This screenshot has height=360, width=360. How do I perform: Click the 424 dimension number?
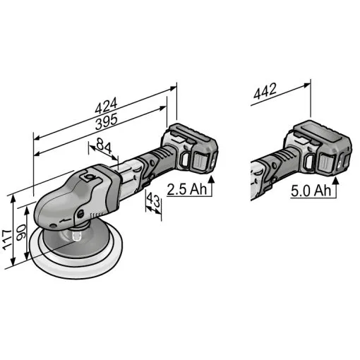(106, 106)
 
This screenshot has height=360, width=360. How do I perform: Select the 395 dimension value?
(107, 121)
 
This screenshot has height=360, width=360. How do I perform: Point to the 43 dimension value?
(153, 201)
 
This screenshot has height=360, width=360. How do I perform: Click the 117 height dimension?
(8, 240)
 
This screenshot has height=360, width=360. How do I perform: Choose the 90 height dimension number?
(21, 232)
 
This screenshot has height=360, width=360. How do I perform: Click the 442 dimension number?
(265, 91)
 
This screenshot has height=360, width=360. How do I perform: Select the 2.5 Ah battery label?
(187, 189)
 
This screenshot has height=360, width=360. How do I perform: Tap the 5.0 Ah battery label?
(311, 191)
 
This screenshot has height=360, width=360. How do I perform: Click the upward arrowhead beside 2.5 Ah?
(212, 179)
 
